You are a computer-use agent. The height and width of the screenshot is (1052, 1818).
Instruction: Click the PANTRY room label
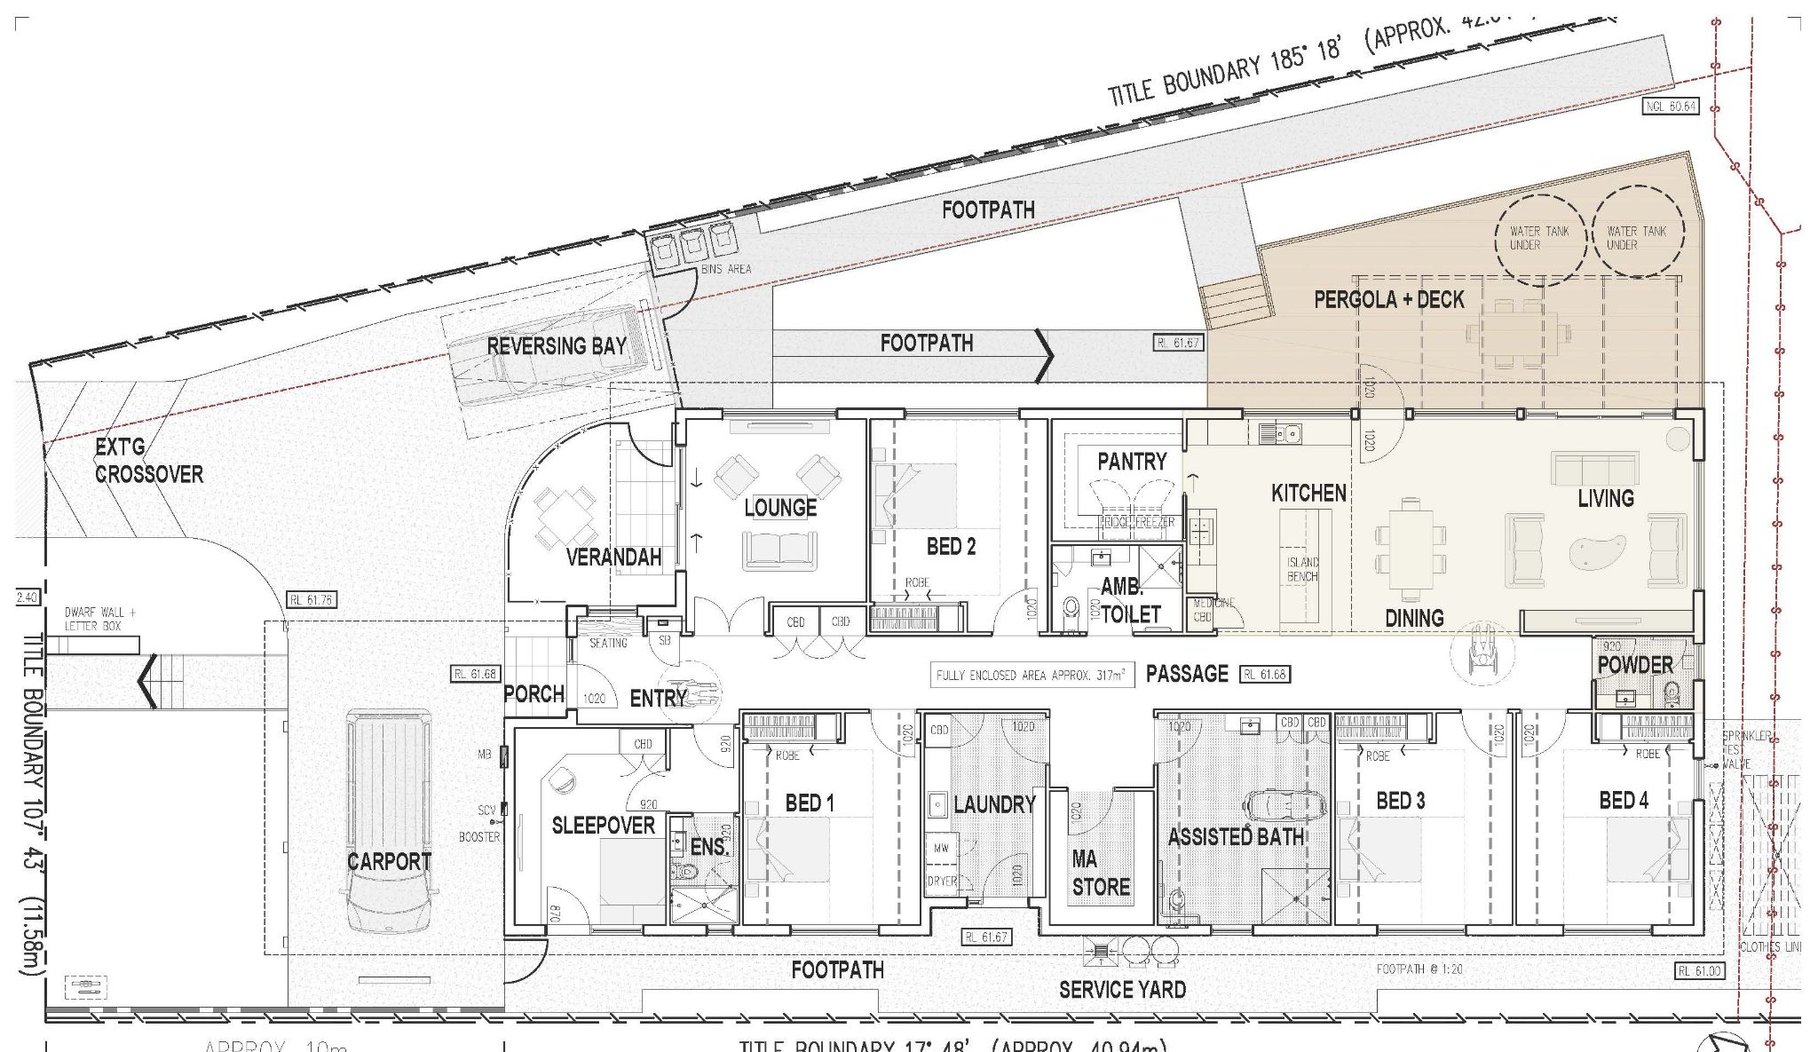(x=1131, y=462)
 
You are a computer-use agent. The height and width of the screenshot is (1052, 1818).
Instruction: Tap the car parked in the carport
(x=389, y=817)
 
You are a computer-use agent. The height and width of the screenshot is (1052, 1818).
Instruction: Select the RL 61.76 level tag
(x=312, y=600)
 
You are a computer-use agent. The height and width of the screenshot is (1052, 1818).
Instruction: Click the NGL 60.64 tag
(x=1670, y=107)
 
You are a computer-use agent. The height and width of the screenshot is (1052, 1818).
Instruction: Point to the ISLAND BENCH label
(x=1302, y=569)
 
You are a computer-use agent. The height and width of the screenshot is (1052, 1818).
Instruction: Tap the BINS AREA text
(x=725, y=269)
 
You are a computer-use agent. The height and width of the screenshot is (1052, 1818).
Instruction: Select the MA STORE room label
(x=1101, y=873)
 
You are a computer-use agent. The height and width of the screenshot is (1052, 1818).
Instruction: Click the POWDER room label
(x=1634, y=665)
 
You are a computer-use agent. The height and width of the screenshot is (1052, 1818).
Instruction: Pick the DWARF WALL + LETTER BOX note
(x=99, y=619)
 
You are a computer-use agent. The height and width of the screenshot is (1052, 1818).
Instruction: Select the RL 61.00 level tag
(x=1698, y=971)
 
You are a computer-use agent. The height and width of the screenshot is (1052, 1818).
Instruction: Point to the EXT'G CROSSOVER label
(x=148, y=462)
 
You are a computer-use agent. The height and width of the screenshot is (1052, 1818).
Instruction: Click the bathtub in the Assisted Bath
(x=1284, y=805)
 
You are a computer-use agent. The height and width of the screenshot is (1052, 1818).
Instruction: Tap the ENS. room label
(x=707, y=847)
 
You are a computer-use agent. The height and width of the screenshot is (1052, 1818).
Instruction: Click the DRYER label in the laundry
(x=942, y=882)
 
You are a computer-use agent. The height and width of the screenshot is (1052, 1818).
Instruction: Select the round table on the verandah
(x=565, y=515)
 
